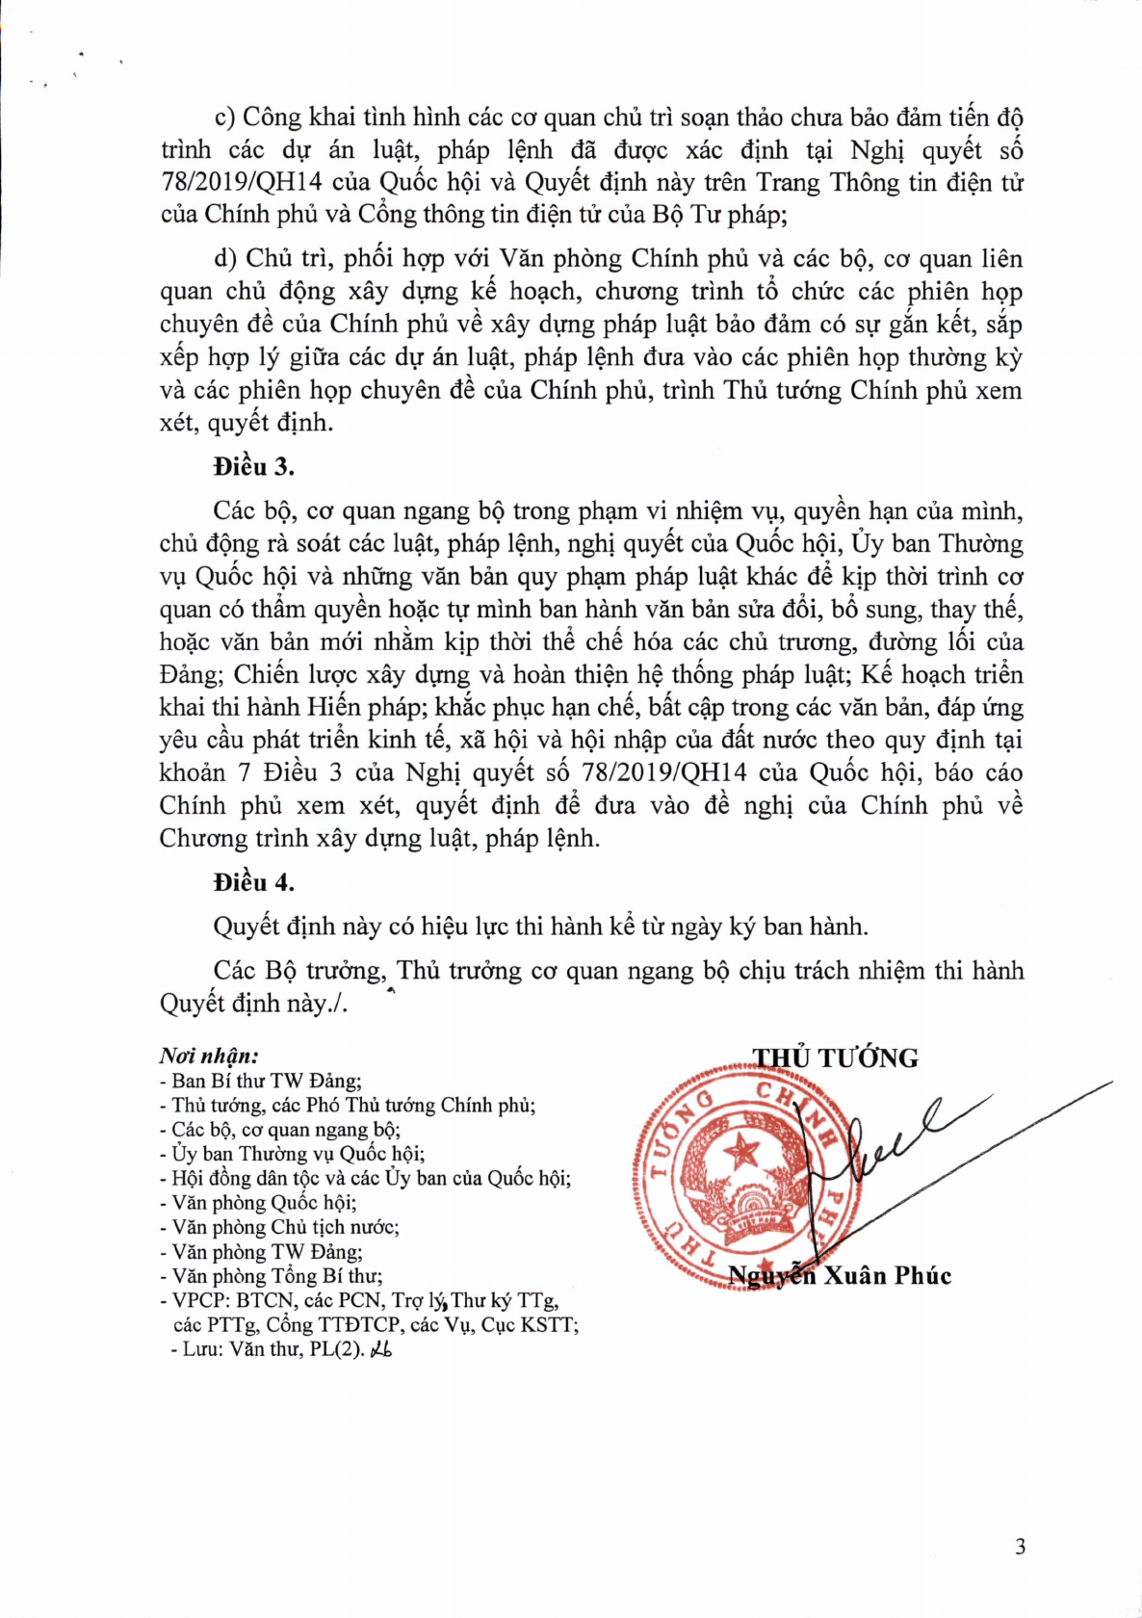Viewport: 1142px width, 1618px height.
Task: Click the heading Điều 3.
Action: tap(253, 467)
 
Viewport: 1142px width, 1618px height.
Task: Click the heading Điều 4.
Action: tap(253, 883)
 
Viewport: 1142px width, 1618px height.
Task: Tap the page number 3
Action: tap(1021, 1548)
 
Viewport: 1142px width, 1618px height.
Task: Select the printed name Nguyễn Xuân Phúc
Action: tap(839, 1276)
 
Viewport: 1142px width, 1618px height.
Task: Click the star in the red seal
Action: tap(742, 1149)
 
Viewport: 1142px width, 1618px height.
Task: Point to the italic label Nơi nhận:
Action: tap(209, 1057)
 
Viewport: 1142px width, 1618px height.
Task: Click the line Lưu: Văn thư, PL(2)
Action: tap(273, 1349)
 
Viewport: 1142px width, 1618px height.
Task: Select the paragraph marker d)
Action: tap(225, 259)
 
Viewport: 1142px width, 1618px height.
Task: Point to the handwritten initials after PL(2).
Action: tap(381, 1349)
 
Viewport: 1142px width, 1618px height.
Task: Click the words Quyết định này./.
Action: tap(253, 1004)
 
